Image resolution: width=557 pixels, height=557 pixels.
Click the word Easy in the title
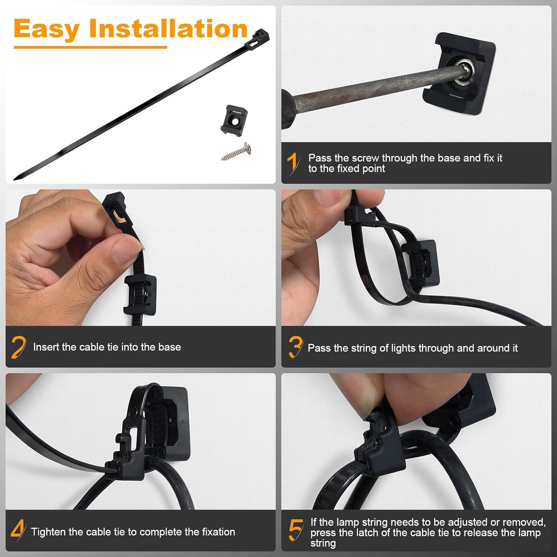pyautogui.click(x=47, y=29)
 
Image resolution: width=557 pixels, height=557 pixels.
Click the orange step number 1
pyautogui.click(x=293, y=163)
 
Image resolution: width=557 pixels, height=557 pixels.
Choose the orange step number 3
pyautogui.click(x=296, y=348)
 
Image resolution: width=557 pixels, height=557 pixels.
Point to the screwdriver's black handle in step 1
pyautogui.click(x=287, y=109)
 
